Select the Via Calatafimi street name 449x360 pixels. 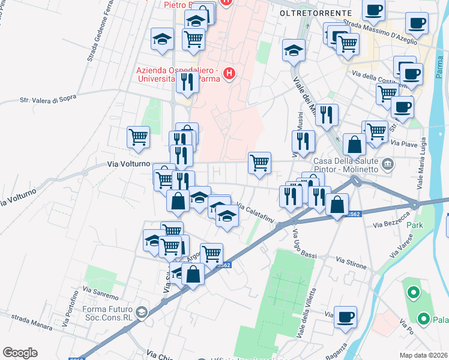(x=256, y=215)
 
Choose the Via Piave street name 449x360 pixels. (x=403, y=143)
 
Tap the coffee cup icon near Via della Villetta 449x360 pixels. (x=345, y=318)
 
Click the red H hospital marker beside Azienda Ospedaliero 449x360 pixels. (x=228, y=74)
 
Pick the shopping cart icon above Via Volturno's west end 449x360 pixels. (x=138, y=137)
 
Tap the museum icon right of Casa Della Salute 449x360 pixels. (x=388, y=163)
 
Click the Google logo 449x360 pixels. (x=20, y=353)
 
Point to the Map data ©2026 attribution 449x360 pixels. (x=424, y=355)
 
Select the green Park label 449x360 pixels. (x=415, y=225)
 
